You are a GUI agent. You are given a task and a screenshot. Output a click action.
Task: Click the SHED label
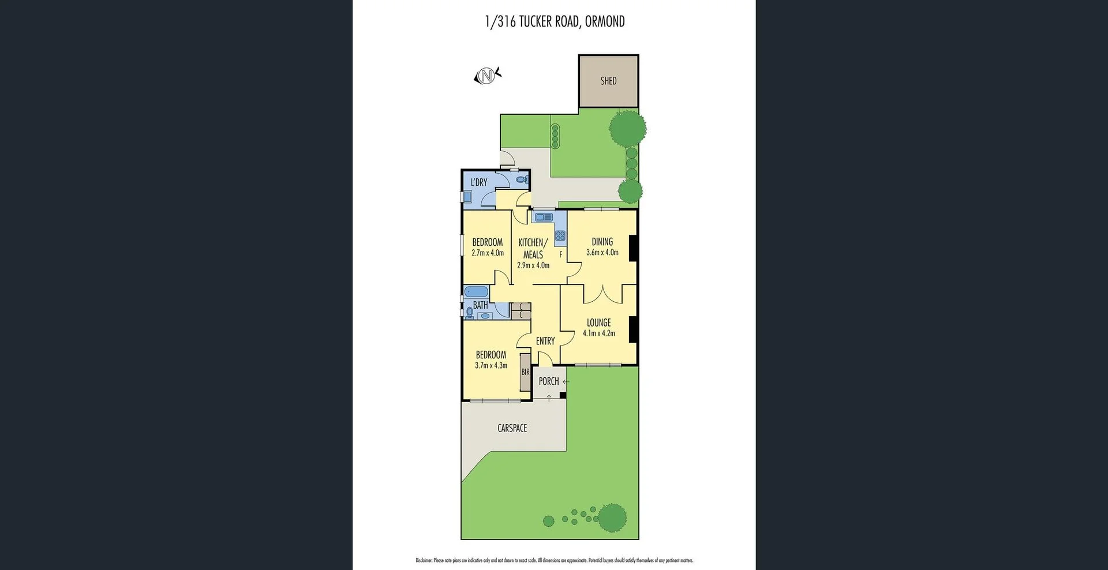(608, 81)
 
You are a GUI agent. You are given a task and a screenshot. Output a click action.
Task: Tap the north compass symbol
(487, 76)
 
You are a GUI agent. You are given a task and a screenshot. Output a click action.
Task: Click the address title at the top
(555, 22)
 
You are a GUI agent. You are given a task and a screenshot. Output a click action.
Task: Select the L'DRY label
(479, 182)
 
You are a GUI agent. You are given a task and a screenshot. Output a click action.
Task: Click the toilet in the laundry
(521, 181)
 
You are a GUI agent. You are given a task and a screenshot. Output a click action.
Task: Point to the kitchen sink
(544, 217)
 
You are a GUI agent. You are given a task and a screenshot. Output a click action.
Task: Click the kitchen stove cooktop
(560, 235)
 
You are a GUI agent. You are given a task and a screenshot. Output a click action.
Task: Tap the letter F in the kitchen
(560, 254)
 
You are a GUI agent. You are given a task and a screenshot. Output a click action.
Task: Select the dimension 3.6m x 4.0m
(602, 253)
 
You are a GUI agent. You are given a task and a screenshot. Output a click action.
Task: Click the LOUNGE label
(598, 322)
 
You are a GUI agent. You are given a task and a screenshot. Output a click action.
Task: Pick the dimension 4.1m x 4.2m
(598, 333)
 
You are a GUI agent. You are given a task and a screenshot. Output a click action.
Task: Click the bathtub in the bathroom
(476, 292)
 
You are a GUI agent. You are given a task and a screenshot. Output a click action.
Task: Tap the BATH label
(480, 305)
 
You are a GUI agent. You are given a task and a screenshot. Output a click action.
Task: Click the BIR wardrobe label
(525, 372)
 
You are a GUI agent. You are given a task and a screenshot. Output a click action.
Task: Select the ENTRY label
(545, 341)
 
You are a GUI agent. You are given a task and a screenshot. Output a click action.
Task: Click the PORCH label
(549, 381)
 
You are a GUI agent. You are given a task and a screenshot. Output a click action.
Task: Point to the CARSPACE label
(512, 428)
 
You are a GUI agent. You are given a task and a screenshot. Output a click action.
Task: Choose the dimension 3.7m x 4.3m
(491, 366)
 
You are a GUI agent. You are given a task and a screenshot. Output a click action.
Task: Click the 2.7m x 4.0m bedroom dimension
(488, 253)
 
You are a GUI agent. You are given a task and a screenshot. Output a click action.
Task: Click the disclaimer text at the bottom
(554, 560)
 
